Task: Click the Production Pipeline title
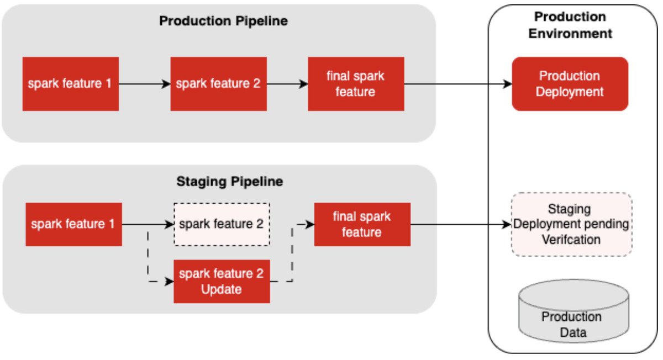pos(223,22)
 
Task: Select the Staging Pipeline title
pos(229,181)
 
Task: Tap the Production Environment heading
pos(570,25)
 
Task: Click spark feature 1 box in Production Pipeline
pos(71,84)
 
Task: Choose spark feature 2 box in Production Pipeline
pos(218,84)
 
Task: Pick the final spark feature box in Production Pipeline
pos(355,84)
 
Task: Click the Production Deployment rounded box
pos(570,84)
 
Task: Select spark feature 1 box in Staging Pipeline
pos(74,224)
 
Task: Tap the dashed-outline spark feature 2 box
pos(222,224)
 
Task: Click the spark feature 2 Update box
pos(222,281)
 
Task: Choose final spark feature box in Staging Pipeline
pos(362,224)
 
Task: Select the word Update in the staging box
pos(222,289)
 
